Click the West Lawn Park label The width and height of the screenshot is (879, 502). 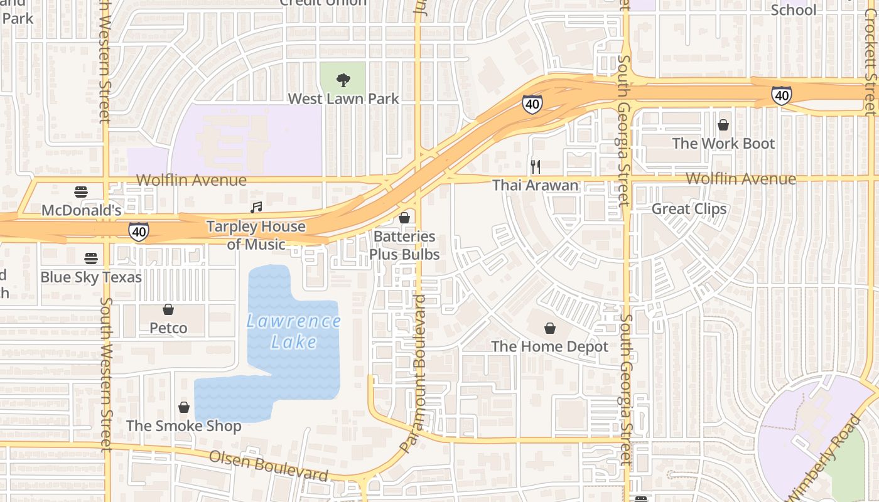343,99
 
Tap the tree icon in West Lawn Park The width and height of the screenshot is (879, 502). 343,80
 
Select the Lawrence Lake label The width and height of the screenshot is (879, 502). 294,331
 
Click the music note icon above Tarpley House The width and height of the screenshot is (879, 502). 256,207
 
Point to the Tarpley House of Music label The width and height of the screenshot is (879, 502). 256,235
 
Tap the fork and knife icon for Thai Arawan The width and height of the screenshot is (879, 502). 535,166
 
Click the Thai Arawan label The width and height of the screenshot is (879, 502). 535,185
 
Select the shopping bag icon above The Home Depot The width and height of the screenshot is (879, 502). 550,328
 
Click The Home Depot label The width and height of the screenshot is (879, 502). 550,346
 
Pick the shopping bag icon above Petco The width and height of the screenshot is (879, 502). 168,309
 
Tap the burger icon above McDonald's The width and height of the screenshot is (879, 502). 81,191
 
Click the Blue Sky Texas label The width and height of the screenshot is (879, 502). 91,277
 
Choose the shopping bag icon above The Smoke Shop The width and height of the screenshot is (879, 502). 184,407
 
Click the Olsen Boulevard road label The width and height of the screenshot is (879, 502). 268,466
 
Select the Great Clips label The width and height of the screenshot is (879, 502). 689,209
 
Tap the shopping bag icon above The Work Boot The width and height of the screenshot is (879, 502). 723,125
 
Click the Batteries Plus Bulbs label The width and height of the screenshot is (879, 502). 404,245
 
